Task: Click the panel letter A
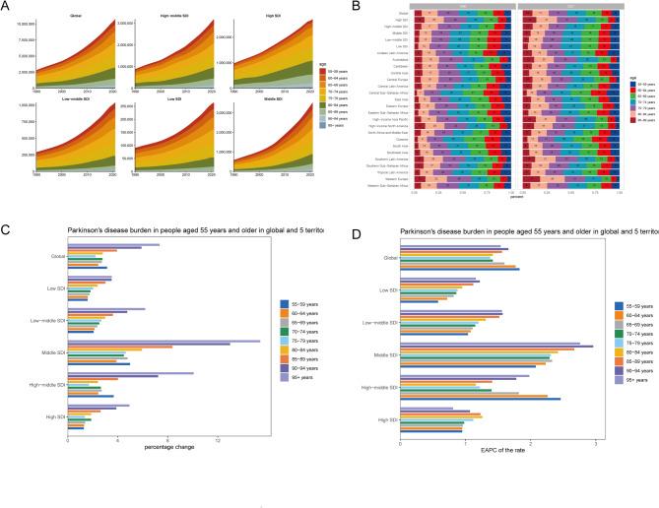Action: pyautogui.click(x=6, y=6)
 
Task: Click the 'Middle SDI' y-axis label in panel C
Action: pyautogui.click(x=52, y=352)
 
